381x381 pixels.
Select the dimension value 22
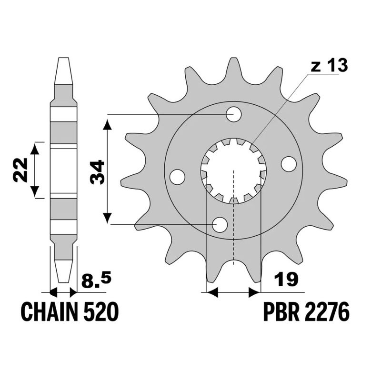point(20,170)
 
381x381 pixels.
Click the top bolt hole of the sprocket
point(234,114)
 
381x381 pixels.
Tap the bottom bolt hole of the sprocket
point(220,224)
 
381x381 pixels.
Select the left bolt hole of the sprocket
point(177,177)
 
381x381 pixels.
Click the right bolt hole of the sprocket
point(289,164)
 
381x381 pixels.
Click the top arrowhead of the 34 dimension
point(109,125)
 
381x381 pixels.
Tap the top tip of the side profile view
point(63,60)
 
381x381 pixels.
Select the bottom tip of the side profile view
point(63,281)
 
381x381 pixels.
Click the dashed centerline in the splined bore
point(233,214)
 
